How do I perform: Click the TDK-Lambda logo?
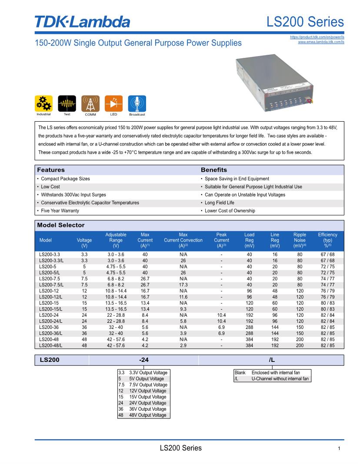pos(82,21)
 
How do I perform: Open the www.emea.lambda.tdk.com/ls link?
pos(321,42)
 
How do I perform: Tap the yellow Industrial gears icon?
pos(43,104)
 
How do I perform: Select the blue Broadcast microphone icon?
pos(137,104)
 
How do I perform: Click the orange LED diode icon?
pos(114,104)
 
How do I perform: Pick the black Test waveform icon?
pos(67,104)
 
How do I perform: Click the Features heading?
pos(51,170)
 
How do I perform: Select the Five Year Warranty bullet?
pos(60,211)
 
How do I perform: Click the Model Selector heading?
pos(61,225)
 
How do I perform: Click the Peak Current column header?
pos(221,240)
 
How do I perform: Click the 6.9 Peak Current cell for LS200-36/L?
pos(221,333)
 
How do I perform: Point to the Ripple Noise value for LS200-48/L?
pos(300,345)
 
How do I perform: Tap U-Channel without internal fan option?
pos(280,379)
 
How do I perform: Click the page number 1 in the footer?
pos(339,449)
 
